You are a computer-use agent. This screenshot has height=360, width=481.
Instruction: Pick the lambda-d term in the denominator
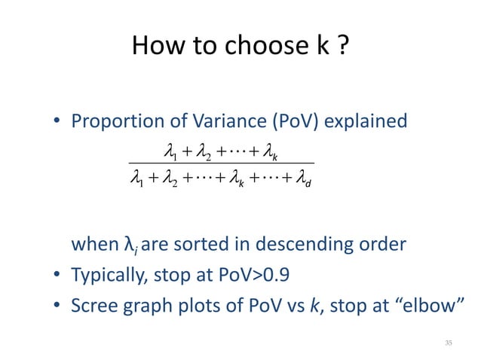[x=302, y=179]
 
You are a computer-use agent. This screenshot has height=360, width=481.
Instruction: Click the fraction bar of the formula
[x=220, y=164]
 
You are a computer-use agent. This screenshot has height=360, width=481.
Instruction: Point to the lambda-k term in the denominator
[x=244, y=179]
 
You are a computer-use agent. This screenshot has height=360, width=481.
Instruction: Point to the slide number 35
[x=449, y=343]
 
